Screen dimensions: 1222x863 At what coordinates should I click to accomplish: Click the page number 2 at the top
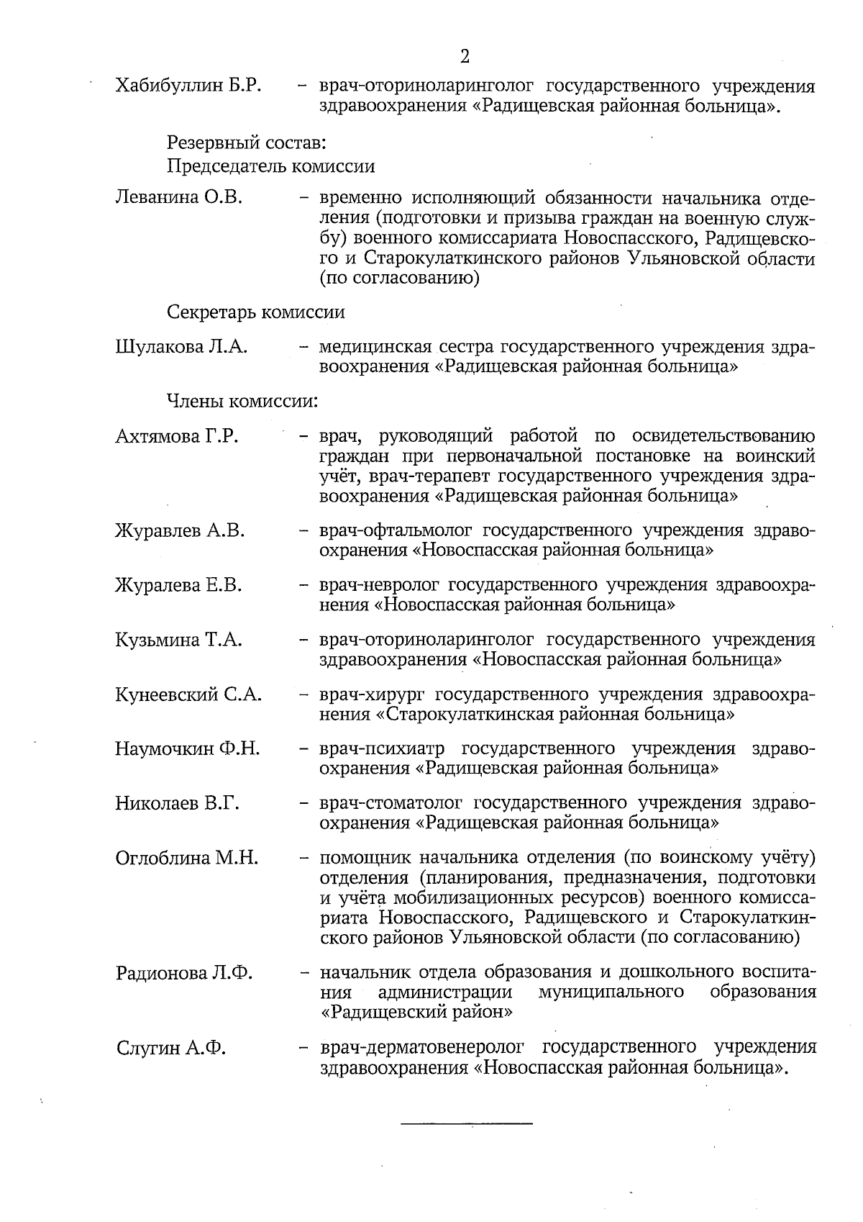pyautogui.click(x=465, y=56)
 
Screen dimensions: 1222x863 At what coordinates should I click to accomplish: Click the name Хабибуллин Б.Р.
pyautogui.click(x=188, y=86)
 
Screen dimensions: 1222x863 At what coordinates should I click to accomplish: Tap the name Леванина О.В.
pyautogui.click(x=178, y=197)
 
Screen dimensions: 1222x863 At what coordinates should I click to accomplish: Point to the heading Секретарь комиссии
pyautogui.click(x=255, y=312)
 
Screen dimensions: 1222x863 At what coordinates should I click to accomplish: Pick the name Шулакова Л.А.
pyautogui.click(x=181, y=347)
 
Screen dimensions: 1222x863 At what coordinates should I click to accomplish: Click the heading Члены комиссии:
pyautogui.click(x=242, y=400)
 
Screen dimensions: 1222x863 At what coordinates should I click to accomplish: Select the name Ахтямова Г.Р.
pyautogui.click(x=176, y=436)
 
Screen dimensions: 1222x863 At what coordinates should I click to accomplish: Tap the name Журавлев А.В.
pyautogui.click(x=180, y=531)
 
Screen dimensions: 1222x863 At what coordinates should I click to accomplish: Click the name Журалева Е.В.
pyautogui.click(x=178, y=585)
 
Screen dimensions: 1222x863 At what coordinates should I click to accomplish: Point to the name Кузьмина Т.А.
pyautogui.click(x=178, y=640)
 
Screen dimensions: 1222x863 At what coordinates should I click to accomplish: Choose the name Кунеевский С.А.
pyautogui.click(x=188, y=694)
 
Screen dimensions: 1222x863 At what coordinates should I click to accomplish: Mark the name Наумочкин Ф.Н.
pyautogui.click(x=188, y=748)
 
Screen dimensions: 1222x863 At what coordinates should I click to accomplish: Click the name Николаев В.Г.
pyautogui.click(x=177, y=803)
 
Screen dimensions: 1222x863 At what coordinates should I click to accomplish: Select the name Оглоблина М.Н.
pyautogui.click(x=187, y=858)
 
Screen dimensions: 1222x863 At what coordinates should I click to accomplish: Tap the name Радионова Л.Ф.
pyautogui.click(x=184, y=973)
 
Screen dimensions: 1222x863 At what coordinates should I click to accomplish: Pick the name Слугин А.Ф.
pyautogui.click(x=171, y=1048)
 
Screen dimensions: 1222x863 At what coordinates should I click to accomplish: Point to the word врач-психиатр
pyautogui.click(x=382, y=748)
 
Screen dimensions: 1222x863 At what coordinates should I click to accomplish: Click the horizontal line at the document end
pyautogui.click(x=466, y=1123)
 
